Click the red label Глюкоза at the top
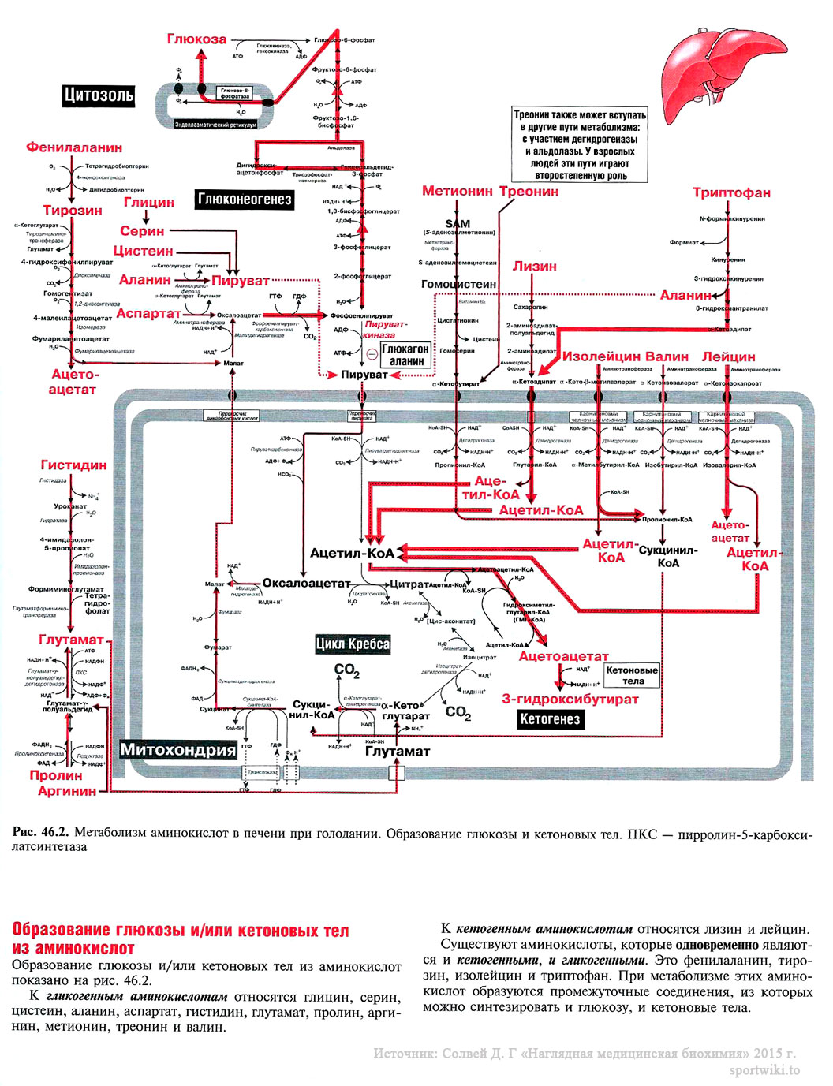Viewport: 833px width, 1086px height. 196,39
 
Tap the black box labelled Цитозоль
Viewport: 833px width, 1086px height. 99,95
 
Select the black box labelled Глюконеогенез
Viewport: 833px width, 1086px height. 245,200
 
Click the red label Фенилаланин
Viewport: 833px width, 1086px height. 74,147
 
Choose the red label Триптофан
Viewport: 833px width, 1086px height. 731,192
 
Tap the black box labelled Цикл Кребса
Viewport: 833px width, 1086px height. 353,644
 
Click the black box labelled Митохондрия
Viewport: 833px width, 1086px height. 178,749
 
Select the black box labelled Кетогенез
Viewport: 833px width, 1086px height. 550,718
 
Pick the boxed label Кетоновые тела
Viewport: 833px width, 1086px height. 632,675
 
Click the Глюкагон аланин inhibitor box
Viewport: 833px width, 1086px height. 405,355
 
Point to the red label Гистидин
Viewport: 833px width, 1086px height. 73,465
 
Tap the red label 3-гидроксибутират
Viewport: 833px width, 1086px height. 570,699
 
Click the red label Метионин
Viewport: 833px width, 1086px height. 457,191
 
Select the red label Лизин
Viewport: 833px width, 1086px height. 535,266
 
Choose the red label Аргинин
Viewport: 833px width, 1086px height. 67,790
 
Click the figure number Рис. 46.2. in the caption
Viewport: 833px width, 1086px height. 40,833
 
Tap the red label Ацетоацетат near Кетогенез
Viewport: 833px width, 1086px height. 563,656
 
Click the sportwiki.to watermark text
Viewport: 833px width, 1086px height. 764,1070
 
